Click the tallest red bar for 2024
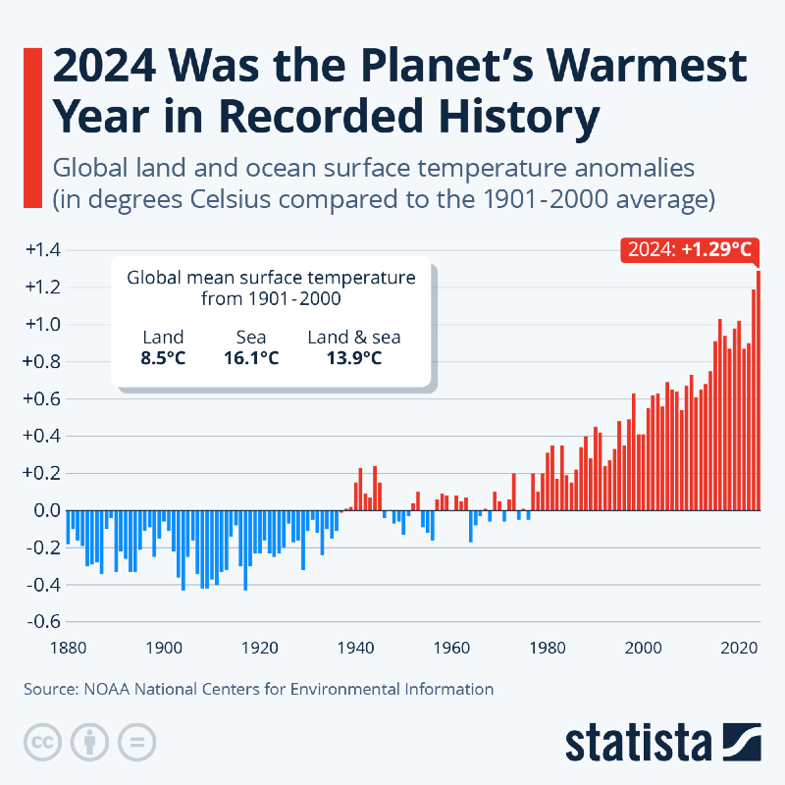coord(758,392)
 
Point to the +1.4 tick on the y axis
coord(41,250)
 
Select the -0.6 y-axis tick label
coord(41,622)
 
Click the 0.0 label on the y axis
coord(45,510)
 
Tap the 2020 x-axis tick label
coord(738,649)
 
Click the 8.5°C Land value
coord(163,358)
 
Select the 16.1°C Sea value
coord(251,358)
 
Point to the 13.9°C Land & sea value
coord(354,358)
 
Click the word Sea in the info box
coord(251,338)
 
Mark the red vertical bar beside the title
coord(29,128)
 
